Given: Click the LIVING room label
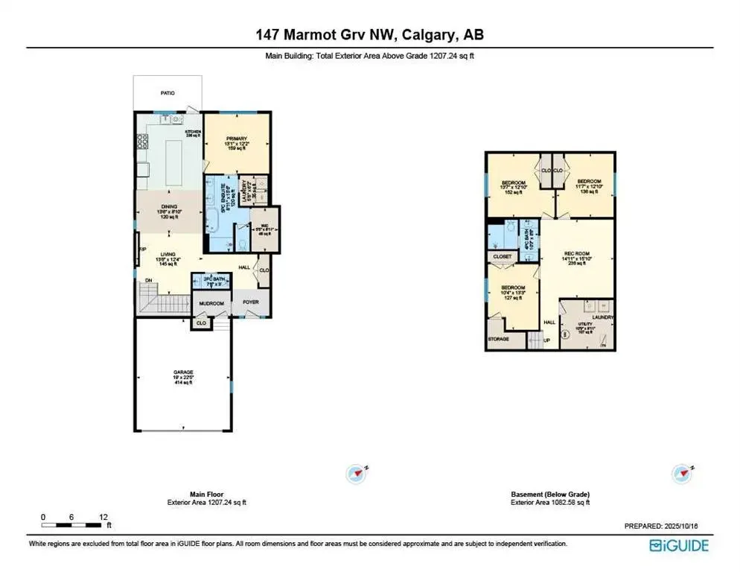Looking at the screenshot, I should point(168,258).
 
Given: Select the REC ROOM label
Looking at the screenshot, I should point(576,257).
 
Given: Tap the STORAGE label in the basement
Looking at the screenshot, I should point(498,339).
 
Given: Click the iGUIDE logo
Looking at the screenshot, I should point(678,545).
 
